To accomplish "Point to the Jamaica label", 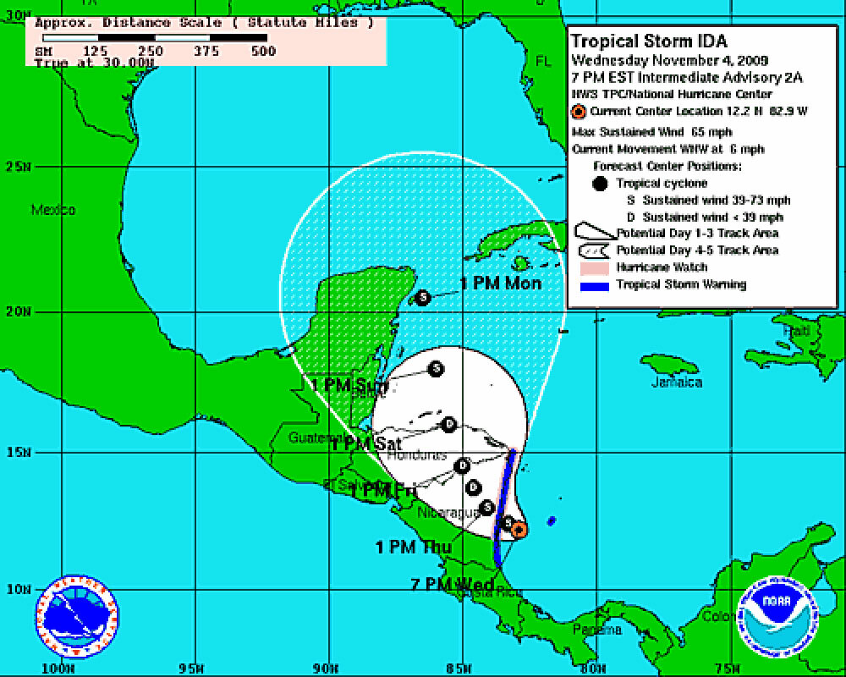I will tap(677, 383).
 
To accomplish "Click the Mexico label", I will tap(53, 210).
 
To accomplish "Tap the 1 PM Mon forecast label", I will tap(501, 283).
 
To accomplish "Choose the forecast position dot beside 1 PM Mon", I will tap(423, 297).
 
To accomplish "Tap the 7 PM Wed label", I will tap(453, 584).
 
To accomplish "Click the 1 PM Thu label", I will tap(414, 548).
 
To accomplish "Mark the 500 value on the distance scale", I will tap(264, 51).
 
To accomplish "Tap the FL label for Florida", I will tap(542, 62).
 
